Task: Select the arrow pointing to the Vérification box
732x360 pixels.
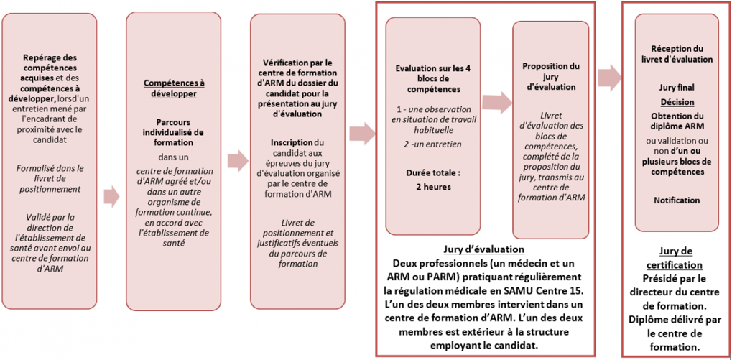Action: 238,160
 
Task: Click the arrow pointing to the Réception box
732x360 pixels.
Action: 610,77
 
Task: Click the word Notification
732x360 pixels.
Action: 677,200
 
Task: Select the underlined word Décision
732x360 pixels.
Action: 677,102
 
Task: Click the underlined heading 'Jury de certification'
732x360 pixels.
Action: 675,258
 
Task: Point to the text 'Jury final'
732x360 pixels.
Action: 677,88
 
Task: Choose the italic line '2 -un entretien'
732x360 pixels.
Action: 432,144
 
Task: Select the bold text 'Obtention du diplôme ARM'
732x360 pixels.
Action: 677,121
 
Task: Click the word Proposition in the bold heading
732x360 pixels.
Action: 551,67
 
